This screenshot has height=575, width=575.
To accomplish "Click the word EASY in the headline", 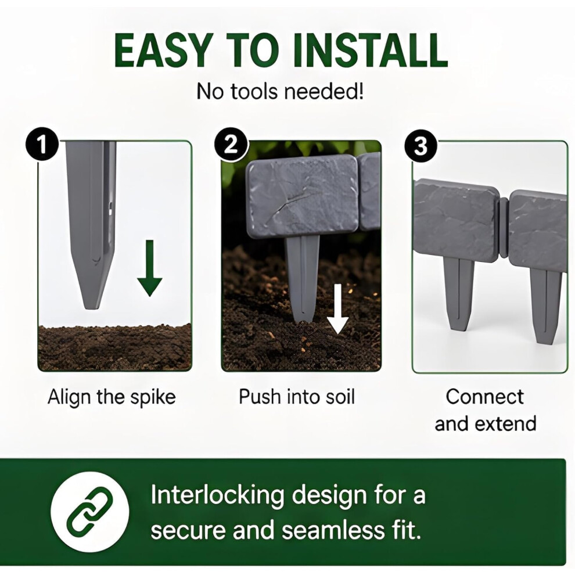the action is [163, 50].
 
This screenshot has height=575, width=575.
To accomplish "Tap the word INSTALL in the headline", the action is [370, 50].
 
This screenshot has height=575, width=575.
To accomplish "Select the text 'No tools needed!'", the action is [281, 91].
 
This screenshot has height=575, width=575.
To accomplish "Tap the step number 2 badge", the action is [231, 146].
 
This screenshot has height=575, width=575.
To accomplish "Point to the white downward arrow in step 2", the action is [337, 309].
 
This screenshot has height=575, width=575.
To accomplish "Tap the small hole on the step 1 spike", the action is [110, 208].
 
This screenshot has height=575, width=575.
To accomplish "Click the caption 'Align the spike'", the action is [112, 397].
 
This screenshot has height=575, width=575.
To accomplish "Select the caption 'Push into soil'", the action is [297, 397].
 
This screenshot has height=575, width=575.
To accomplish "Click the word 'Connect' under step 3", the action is [485, 397].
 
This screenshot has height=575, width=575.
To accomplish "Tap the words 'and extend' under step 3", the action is [485, 423].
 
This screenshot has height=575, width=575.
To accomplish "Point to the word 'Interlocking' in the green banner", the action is [217, 495].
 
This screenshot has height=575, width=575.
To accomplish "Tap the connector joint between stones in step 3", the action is [504, 228].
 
